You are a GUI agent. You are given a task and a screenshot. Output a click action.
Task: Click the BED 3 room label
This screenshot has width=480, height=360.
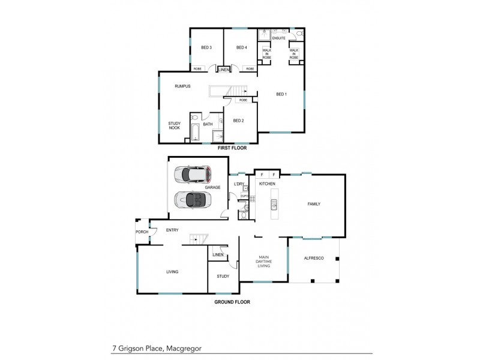tap(206, 47)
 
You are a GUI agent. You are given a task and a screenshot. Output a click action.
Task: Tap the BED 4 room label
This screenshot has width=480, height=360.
tap(241, 47)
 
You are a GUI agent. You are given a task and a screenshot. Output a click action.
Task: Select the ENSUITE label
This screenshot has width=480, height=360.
tap(279, 38)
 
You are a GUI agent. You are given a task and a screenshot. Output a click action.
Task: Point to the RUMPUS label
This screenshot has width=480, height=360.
tap(182, 86)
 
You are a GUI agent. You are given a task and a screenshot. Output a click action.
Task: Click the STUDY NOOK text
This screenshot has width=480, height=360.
tap(175, 126)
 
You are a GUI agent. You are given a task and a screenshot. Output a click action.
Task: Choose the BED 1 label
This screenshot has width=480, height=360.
tap(281, 94)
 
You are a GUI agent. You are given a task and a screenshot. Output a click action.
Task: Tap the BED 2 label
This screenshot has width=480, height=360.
tap(238, 121)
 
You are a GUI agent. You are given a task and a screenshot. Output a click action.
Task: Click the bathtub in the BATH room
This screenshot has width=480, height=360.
tap(196, 132)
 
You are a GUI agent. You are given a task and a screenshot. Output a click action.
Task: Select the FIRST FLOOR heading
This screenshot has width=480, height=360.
tap(232, 148)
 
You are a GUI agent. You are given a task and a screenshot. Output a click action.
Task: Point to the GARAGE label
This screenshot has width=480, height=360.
tap(212, 187)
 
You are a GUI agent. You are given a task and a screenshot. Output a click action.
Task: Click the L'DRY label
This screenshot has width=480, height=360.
tap(239, 184)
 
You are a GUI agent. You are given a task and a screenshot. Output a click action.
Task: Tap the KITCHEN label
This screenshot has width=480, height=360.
tap(267, 182)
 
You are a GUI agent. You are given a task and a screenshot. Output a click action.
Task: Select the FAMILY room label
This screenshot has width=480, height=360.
tap(314, 204)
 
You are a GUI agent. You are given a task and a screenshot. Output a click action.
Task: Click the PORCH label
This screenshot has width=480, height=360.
tap(142, 232)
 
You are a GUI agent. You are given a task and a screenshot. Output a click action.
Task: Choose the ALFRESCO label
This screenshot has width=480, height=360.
tap(314, 257)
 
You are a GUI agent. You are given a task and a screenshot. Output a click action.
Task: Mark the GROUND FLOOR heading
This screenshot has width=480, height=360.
tap(232, 302)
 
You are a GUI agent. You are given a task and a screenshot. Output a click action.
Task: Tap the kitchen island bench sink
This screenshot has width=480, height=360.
tap(274, 206)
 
